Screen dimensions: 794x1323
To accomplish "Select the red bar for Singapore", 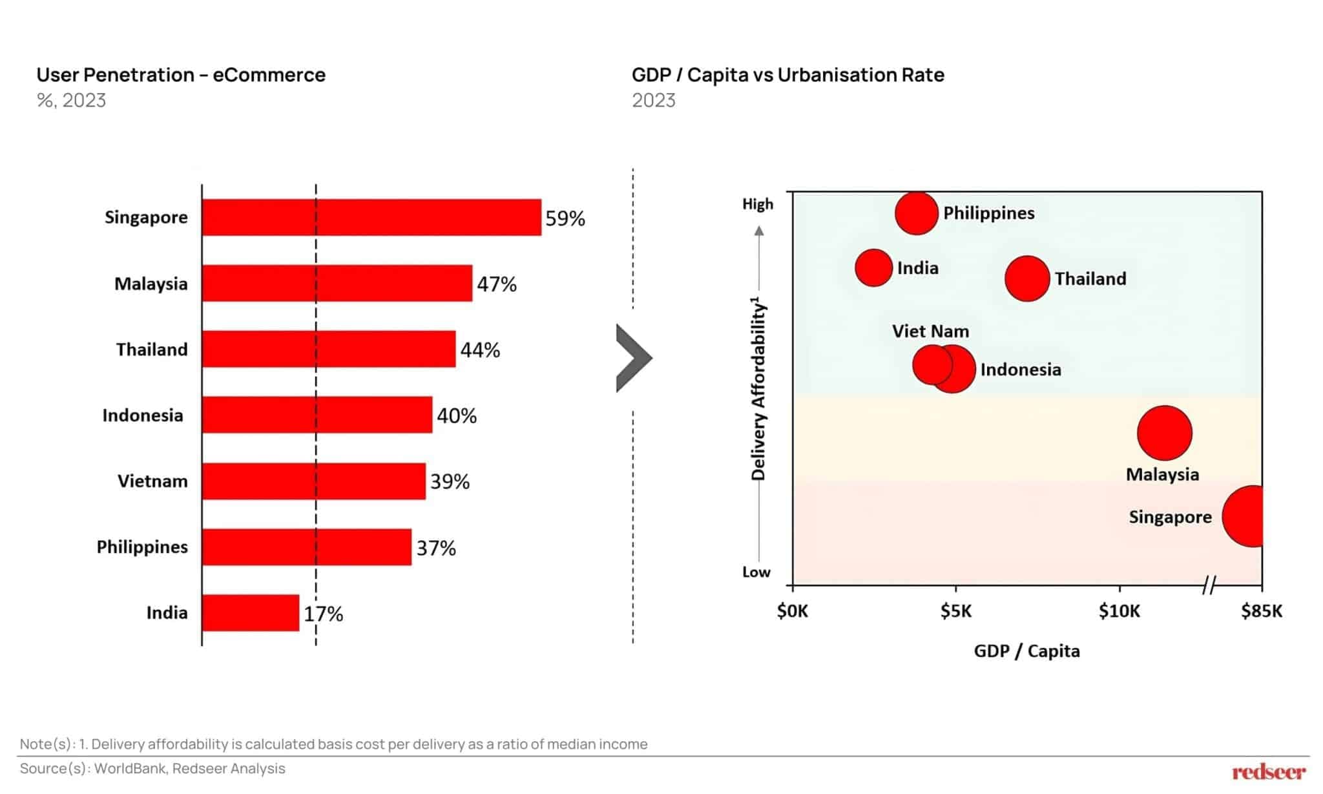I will click(371, 217).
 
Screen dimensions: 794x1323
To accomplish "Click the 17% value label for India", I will click(323, 613).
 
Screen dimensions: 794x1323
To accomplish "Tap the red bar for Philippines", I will click(306, 547).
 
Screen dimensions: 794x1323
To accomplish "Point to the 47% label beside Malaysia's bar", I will click(496, 284).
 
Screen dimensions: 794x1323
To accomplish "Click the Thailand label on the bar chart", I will click(152, 350).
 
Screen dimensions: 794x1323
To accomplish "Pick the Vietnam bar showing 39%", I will click(313, 481).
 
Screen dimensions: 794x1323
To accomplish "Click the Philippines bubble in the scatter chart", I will click(916, 213).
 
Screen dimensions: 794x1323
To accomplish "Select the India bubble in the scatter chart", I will click(873, 267).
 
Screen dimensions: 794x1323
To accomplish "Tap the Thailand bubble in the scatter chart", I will click(1026, 278).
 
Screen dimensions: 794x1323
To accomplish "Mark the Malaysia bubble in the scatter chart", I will click(1164, 432).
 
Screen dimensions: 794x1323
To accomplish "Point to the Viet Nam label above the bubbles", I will click(930, 331).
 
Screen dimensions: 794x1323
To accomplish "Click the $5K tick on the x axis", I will click(955, 611).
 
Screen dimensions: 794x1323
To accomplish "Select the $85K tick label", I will click(1261, 611).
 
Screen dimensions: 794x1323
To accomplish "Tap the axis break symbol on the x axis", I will click(1209, 585).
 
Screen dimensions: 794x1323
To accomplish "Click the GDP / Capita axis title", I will click(1026, 651).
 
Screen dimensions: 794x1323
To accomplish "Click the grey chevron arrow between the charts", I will click(632, 358).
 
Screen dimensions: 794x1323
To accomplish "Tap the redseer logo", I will click(1268, 771).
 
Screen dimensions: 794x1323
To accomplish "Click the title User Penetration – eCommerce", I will click(181, 75).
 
